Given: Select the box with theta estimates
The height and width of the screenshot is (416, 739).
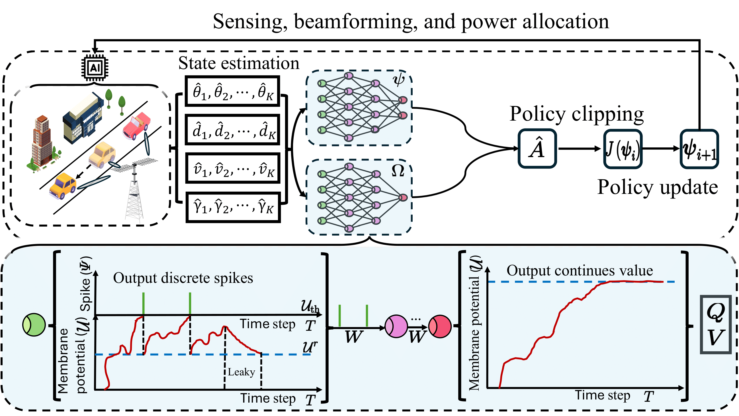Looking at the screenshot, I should (232, 91).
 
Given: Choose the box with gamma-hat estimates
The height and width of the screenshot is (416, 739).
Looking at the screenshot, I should (233, 207).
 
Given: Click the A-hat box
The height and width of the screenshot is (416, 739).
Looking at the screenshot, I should (537, 149).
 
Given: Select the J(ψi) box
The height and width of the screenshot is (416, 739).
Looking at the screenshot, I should (623, 149).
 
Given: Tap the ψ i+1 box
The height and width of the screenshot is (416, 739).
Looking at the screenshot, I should (699, 149).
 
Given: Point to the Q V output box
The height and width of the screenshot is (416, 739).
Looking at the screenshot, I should (715, 325).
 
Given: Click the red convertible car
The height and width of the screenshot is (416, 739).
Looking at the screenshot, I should (136, 126).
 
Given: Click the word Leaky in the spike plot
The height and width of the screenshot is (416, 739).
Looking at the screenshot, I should (241, 372).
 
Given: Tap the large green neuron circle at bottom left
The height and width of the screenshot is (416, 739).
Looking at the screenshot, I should (34, 325).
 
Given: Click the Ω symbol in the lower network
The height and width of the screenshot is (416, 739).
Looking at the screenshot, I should (398, 171).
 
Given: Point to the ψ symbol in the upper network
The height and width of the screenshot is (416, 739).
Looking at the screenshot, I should (399, 80).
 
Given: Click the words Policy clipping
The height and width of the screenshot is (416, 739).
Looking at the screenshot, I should (577, 114).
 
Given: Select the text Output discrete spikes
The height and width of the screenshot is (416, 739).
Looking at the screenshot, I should (183, 278).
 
